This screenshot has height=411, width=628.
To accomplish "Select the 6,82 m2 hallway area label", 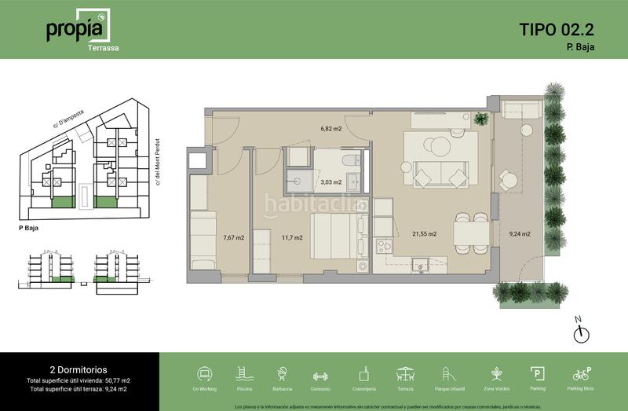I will point(330,128).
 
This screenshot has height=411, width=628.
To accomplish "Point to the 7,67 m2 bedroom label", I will point(233,237).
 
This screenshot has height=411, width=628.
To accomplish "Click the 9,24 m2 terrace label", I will point(520,233).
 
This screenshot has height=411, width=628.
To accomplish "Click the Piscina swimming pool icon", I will point(244,374).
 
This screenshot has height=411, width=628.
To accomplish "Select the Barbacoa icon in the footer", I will point(282,374).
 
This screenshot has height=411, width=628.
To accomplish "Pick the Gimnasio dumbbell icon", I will point(321,374).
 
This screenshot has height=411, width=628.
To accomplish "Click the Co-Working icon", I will point(205,374).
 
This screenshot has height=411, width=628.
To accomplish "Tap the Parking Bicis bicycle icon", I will point(582,374).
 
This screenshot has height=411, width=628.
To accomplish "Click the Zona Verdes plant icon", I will point(496,374).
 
